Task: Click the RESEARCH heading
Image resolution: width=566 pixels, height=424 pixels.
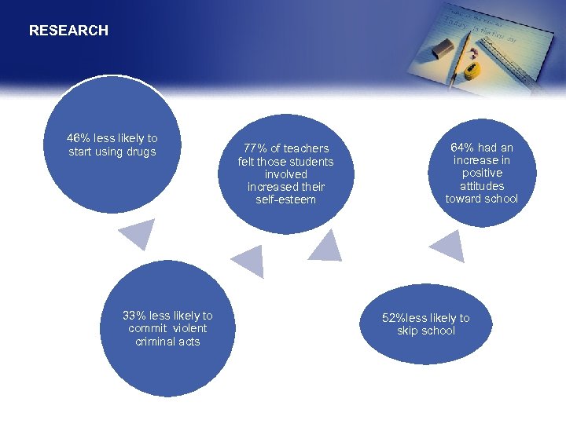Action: [68, 31]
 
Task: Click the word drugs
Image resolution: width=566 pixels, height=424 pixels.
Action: [141, 152]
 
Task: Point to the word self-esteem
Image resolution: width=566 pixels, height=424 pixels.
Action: [285, 199]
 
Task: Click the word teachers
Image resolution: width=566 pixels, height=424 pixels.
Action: [306, 148]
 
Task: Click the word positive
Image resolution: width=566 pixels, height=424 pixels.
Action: [482, 173]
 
